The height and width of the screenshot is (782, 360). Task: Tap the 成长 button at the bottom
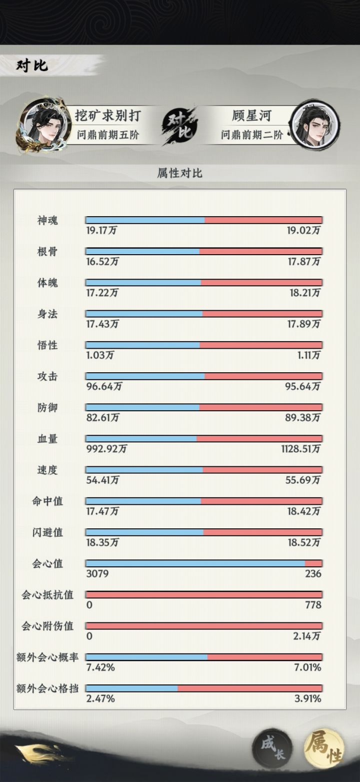click(x=272, y=747)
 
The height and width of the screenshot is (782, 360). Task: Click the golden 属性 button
click(x=324, y=747)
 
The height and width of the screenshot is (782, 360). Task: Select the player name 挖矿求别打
click(x=108, y=116)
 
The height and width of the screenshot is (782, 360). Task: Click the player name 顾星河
click(x=251, y=116)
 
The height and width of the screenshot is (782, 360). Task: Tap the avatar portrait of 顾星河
click(x=315, y=125)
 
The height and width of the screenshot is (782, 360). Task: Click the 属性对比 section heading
click(x=179, y=173)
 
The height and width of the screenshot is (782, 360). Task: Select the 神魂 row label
click(x=47, y=220)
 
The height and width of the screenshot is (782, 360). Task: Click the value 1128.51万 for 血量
click(x=300, y=449)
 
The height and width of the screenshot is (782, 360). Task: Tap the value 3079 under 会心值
click(x=97, y=573)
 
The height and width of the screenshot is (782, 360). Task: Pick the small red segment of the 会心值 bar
click(x=313, y=563)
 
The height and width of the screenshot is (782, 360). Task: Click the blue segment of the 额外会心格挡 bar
click(x=132, y=688)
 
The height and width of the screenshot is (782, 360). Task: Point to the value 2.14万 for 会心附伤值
click(x=306, y=636)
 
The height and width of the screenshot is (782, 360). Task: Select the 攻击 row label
click(x=47, y=376)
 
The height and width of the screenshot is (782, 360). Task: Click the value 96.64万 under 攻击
click(x=104, y=386)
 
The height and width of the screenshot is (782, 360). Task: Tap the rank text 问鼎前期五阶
click(x=108, y=135)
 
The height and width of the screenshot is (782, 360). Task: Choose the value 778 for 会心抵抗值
click(x=313, y=605)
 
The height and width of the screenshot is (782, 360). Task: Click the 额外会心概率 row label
click(x=47, y=657)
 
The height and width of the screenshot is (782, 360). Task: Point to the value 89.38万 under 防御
click(x=303, y=418)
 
